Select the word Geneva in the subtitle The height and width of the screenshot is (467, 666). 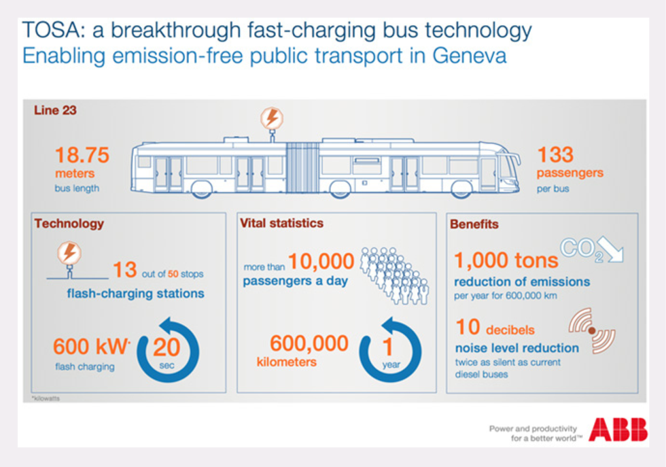470,55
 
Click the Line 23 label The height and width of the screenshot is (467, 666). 55,110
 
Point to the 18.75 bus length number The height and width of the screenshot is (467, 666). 82,156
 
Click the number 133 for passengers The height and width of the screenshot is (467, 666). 555,155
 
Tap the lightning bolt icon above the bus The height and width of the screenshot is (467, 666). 272,119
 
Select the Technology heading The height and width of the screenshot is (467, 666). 69,224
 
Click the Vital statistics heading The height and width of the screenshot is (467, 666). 282,223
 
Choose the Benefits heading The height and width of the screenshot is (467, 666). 476,224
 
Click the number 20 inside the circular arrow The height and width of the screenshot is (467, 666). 166,347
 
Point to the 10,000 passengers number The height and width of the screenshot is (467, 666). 321,262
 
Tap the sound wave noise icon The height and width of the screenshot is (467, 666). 592,331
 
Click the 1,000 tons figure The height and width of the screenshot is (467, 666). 506,260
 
